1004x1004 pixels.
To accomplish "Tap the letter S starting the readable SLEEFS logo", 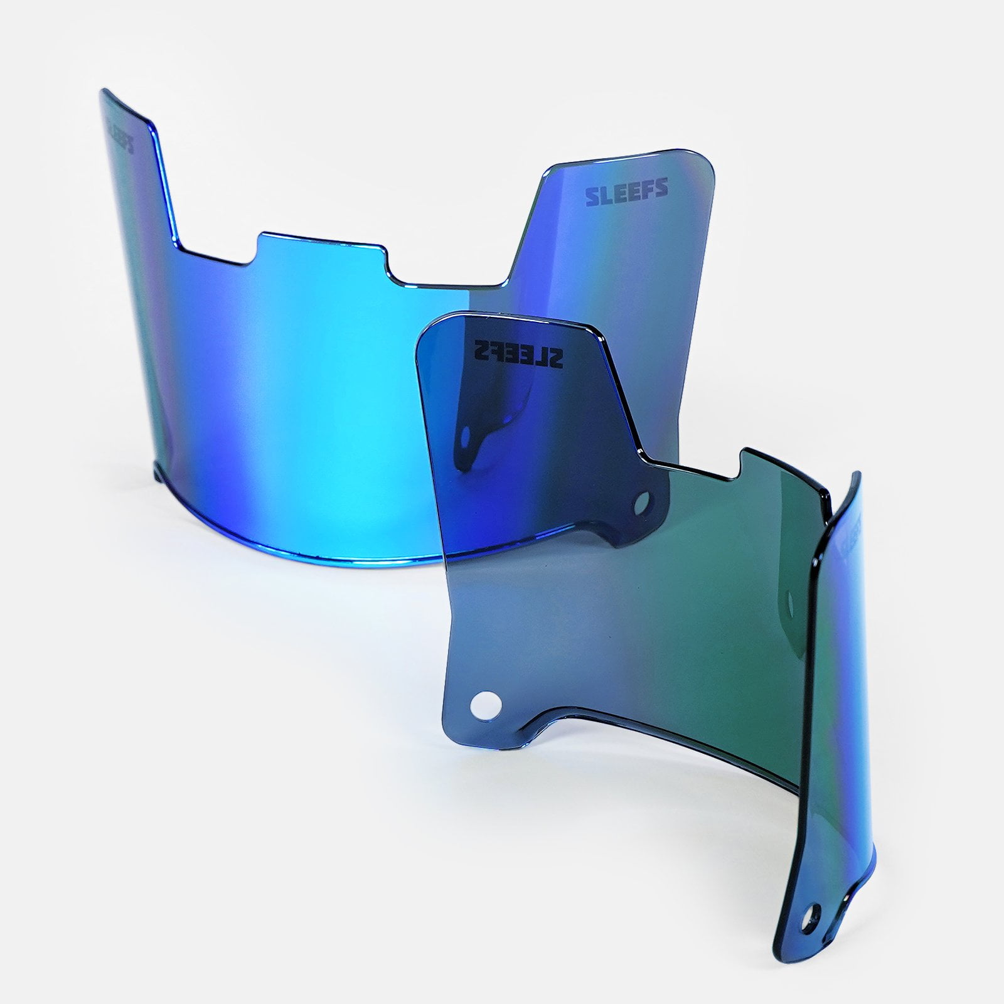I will click(x=591, y=196).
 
